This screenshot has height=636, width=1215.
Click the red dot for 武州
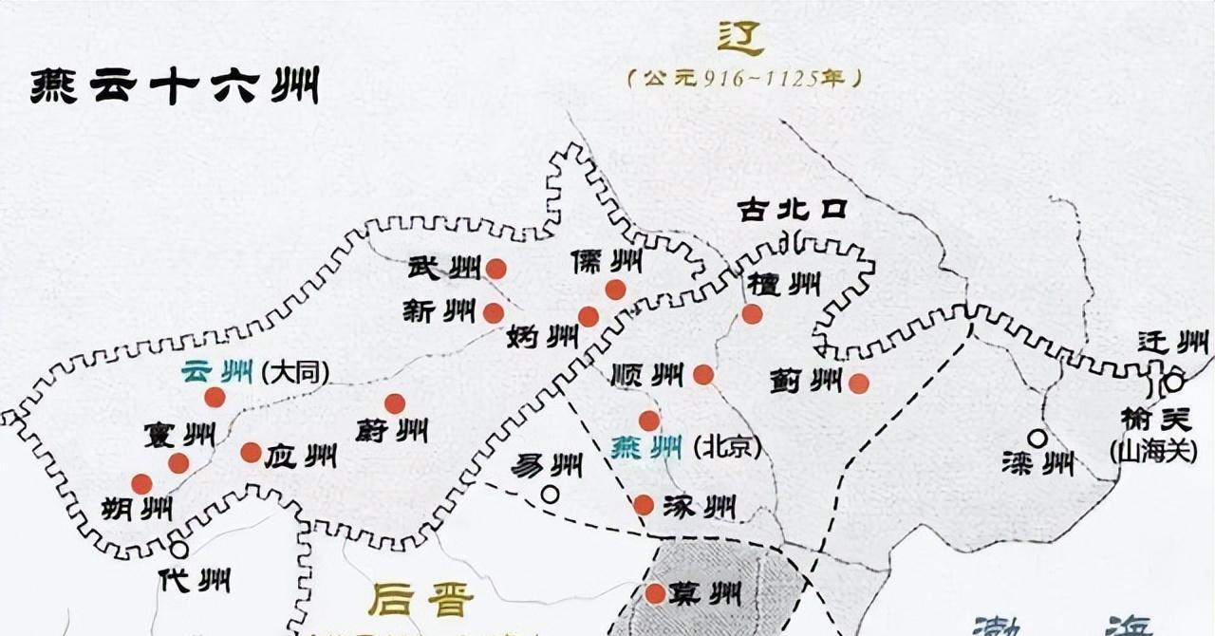495,270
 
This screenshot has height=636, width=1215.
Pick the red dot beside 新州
494,313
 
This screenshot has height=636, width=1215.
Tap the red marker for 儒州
615,290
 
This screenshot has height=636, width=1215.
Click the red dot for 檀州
752,314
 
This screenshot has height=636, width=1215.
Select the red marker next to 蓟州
858,383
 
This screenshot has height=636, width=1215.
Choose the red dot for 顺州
703,375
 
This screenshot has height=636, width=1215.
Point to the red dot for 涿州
644,505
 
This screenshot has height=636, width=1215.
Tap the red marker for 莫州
655,594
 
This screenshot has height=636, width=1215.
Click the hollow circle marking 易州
550,494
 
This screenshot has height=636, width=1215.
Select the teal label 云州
213,371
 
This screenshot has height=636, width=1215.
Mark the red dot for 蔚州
395,403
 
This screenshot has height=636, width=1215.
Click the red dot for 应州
251,453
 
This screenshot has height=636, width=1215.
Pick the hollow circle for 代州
178,549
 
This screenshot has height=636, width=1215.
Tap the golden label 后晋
420,600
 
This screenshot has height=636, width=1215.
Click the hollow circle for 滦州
1037,439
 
